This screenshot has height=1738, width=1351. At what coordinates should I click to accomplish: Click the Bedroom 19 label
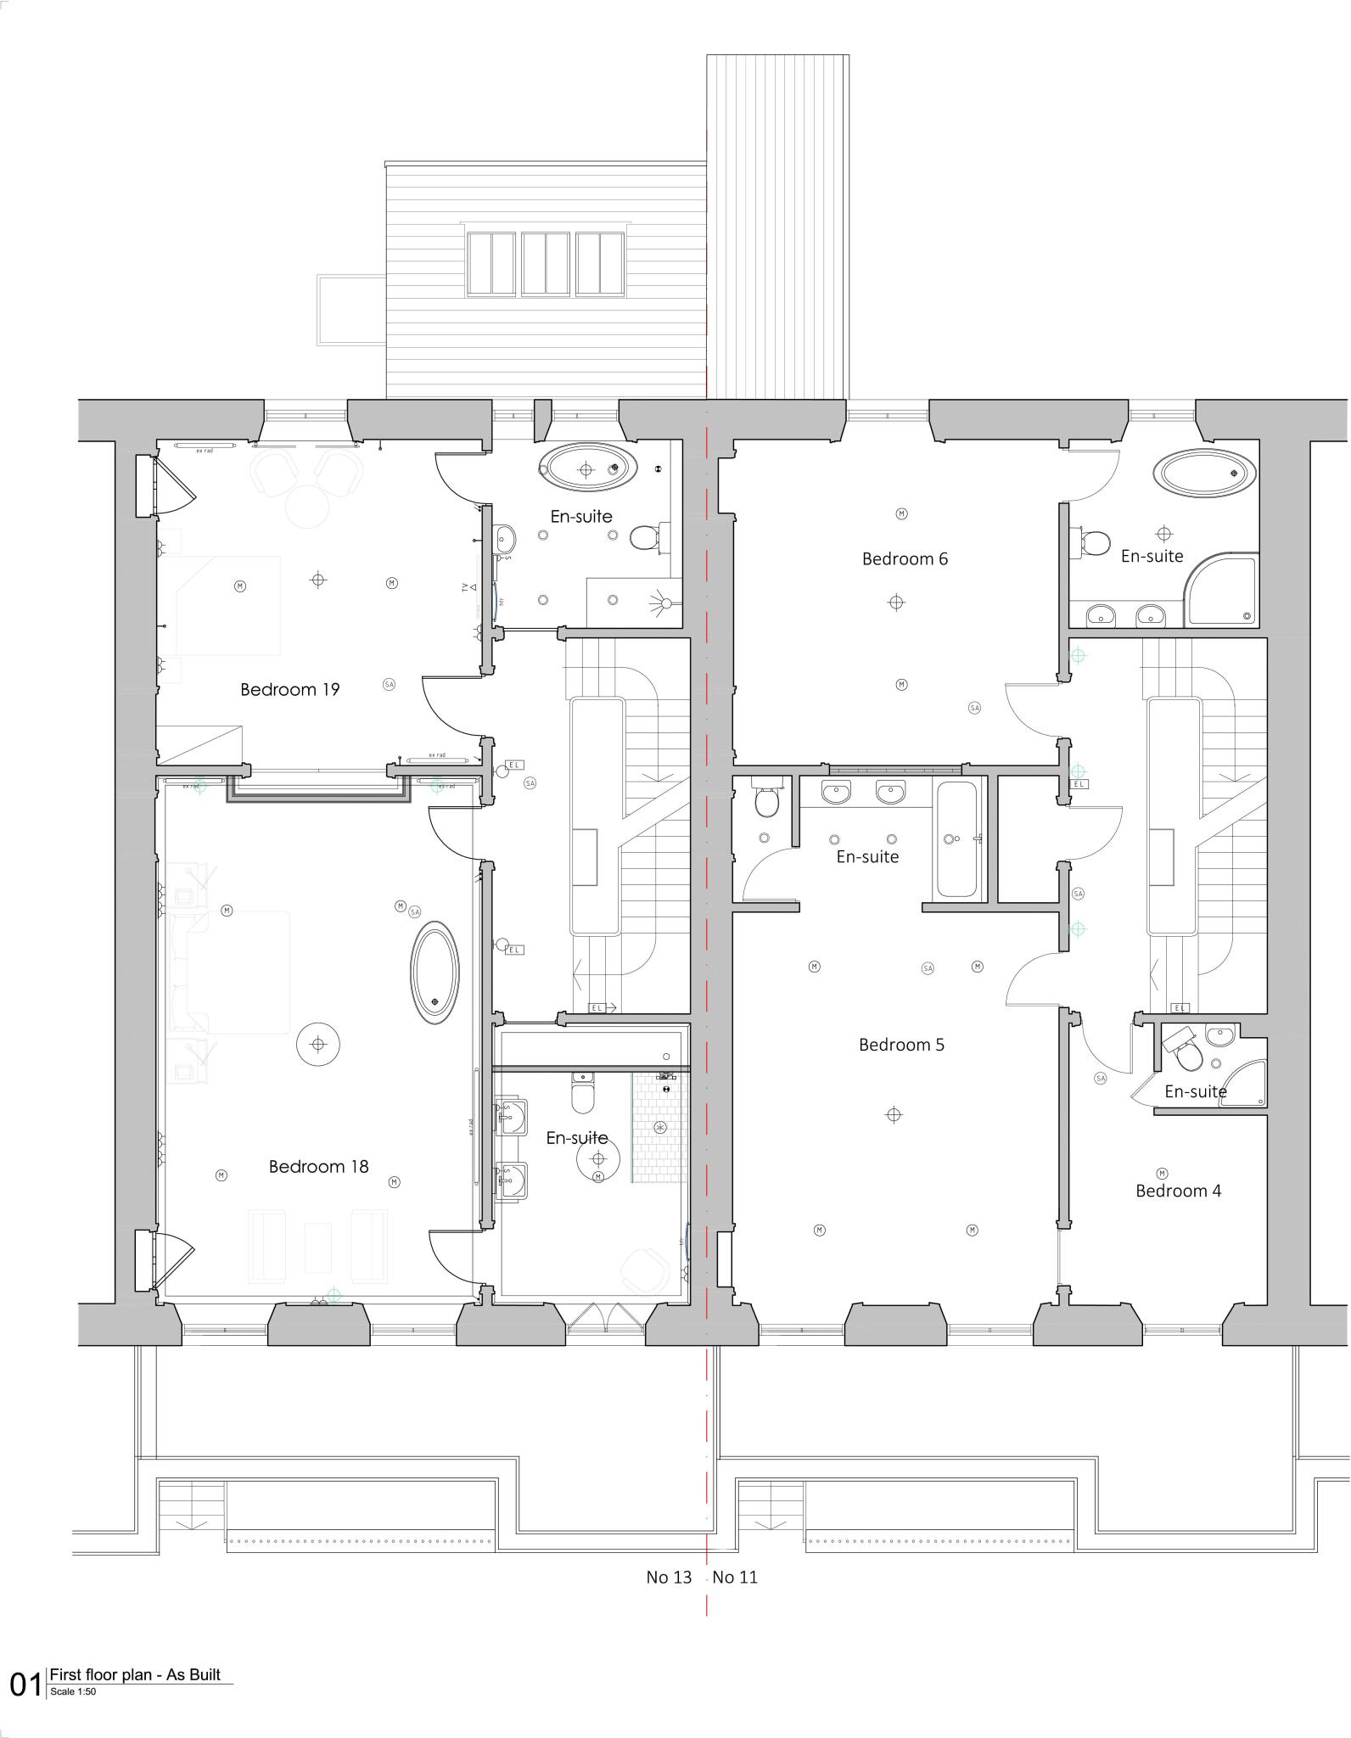click(x=289, y=689)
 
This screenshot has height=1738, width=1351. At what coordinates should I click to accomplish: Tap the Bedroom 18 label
click(x=318, y=1166)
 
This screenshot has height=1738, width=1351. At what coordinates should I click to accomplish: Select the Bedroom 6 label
click(x=905, y=558)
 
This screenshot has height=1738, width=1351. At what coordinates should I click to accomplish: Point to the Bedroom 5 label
click(x=901, y=1044)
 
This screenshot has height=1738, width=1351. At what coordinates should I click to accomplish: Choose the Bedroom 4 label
click(x=1178, y=1191)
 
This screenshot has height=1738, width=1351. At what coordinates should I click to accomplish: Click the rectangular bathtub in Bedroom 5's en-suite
click(x=958, y=838)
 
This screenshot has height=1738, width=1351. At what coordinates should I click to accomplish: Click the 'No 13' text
click(x=669, y=1577)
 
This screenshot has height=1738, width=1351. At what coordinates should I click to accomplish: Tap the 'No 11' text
click(x=735, y=1577)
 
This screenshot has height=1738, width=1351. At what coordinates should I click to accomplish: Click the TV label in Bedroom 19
click(x=464, y=587)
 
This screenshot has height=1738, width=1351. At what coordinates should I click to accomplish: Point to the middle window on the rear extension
click(x=545, y=263)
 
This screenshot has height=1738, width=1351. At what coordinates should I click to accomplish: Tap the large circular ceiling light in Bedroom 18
click(x=318, y=1044)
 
